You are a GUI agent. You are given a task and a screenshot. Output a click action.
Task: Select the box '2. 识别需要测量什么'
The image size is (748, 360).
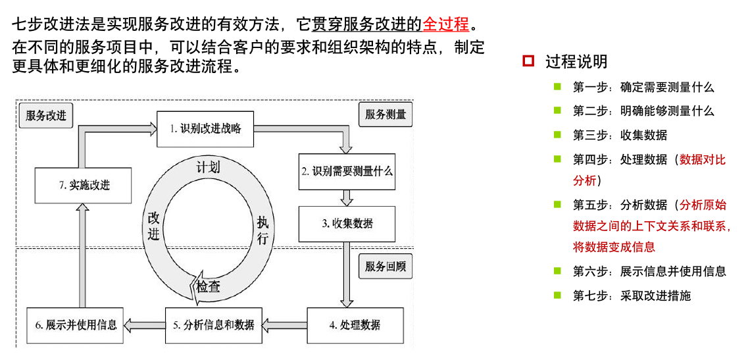pyautogui.click(x=347, y=171)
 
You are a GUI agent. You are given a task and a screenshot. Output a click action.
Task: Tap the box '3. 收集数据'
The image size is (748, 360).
pyautogui.click(x=347, y=223)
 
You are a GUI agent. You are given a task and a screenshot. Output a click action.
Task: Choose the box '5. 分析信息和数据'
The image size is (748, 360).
pyautogui.click(x=214, y=324)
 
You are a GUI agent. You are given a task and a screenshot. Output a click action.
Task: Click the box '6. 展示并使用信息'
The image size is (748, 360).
pyautogui.click(x=76, y=324)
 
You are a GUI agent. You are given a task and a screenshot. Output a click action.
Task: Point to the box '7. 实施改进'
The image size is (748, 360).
pyautogui.click(x=83, y=185)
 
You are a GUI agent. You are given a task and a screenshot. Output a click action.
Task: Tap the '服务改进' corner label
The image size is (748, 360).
pyautogui.click(x=46, y=115)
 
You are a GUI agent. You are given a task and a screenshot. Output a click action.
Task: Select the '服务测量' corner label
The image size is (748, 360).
pyautogui.click(x=386, y=115)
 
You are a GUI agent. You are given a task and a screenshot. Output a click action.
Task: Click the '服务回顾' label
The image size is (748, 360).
pyautogui.click(x=386, y=267)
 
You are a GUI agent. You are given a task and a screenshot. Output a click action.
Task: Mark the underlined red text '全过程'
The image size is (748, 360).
pyautogui.click(x=445, y=24)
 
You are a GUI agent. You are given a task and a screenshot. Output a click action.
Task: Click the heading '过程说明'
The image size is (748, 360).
pyautogui.click(x=576, y=62)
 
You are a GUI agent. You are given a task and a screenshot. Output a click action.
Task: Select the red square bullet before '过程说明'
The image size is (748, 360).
pyautogui.click(x=528, y=61)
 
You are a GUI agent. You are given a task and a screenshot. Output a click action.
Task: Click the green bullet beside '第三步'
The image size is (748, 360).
pyautogui.click(x=557, y=134)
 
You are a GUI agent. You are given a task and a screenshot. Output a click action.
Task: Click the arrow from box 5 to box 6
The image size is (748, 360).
pyautogui.click(x=145, y=324)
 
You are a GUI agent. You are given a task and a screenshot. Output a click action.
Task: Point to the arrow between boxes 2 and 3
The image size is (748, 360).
pyautogui.click(x=347, y=197)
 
